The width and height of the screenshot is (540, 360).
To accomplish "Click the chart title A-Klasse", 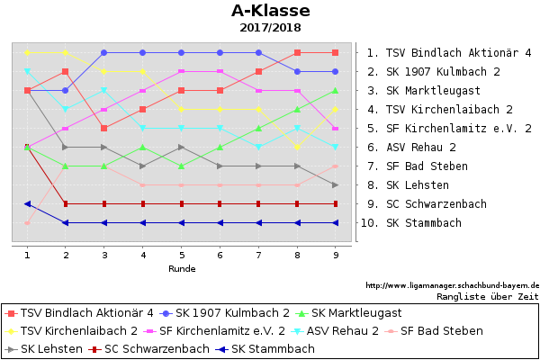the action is (271, 11).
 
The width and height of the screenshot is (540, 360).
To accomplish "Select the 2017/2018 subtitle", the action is (270, 28).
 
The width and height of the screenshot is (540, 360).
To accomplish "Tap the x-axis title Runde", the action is (182, 269).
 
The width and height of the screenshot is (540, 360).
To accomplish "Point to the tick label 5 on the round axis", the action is (182, 255).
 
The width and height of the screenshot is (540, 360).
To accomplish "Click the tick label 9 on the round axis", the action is (336, 255).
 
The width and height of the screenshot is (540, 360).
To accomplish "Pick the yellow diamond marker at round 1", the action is (28, 53).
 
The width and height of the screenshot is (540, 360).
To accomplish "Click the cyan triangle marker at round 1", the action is (28, 72).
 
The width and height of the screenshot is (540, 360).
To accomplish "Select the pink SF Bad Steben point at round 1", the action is (28, 223).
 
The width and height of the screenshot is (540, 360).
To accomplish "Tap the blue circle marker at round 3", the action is (104, 53).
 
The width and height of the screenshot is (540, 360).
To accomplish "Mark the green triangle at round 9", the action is (336, 91).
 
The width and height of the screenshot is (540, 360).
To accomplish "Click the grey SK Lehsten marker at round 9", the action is (336, 185).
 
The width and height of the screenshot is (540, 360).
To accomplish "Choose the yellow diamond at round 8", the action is (298, 147).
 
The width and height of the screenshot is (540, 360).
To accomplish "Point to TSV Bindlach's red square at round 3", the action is (104, 128).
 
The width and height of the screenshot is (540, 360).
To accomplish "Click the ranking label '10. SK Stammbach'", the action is (411, 223).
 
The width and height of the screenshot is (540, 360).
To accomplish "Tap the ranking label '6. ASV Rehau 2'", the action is (411, 147).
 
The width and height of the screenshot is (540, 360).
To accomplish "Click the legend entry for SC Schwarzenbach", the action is (148, 349).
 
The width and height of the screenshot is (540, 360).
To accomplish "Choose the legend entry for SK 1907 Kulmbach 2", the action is (224, 313).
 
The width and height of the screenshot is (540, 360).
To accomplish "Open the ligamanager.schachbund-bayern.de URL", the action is (452, 285).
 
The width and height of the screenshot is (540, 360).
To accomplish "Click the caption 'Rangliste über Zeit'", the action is (488, 297).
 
